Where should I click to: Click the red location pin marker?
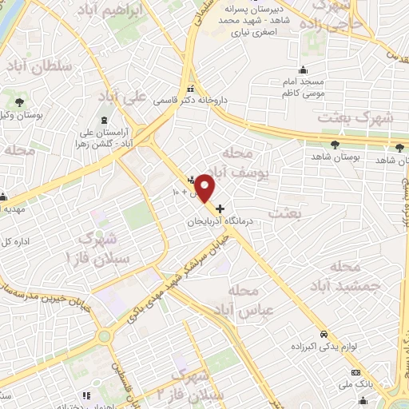(x=204, y=188)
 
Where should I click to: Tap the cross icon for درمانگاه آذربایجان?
(x=220, y=208)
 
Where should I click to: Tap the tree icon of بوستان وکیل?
(x=18, y=101)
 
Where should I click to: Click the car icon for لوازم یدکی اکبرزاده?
(x=323, y=334)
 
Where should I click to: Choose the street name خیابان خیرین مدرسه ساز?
(x=48, y=299)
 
